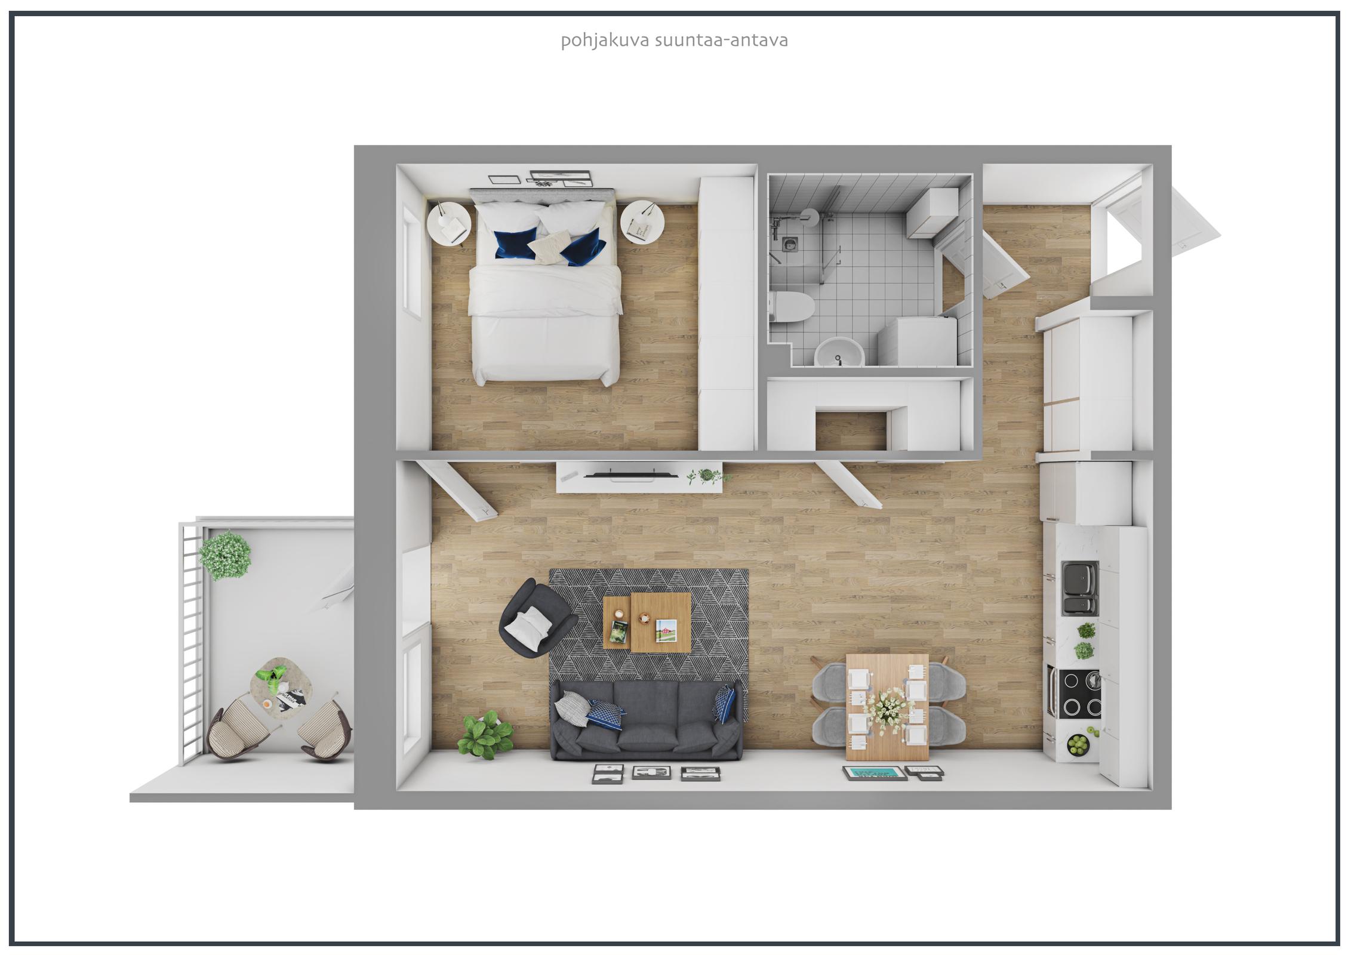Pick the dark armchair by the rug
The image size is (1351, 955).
(535, 618)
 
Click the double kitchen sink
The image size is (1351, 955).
(1080, 590)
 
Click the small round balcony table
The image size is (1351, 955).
(277, 683)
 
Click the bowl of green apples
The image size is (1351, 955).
(1078, 744)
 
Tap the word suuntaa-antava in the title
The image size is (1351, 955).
(721, 41)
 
